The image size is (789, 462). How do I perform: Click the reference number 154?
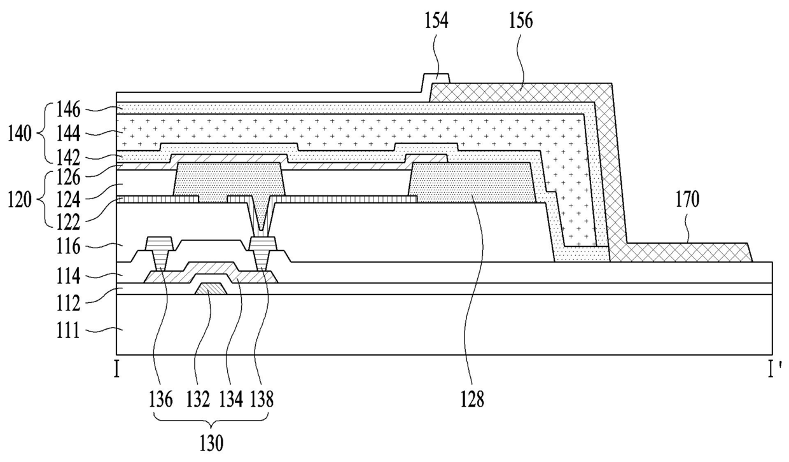436,21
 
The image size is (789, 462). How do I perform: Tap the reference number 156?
521,21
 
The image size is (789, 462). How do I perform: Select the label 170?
687,200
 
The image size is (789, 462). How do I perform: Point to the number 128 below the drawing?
473,400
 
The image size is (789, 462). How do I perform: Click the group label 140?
20,134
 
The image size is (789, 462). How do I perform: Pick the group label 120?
20,200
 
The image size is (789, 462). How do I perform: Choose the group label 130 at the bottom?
211,444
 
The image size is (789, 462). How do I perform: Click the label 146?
68,109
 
